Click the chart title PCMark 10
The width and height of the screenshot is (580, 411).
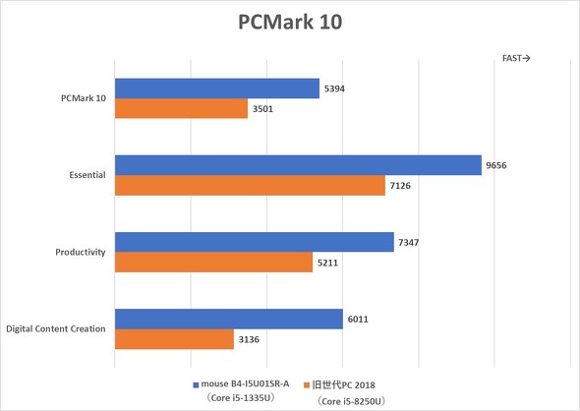289,23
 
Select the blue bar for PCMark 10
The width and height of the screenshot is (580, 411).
217,88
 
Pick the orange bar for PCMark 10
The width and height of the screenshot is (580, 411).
181,108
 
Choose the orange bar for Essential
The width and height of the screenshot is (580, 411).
250,186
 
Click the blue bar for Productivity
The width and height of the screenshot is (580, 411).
255,242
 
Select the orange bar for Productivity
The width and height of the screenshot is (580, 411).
213,263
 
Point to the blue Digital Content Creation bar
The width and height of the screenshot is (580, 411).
229,320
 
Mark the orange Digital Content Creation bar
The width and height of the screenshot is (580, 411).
174,339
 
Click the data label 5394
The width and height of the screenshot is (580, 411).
334,89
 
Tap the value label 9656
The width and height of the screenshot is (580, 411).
497,166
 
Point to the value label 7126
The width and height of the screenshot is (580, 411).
401,186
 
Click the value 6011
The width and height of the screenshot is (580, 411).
359,320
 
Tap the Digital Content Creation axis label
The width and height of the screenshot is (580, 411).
56,329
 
